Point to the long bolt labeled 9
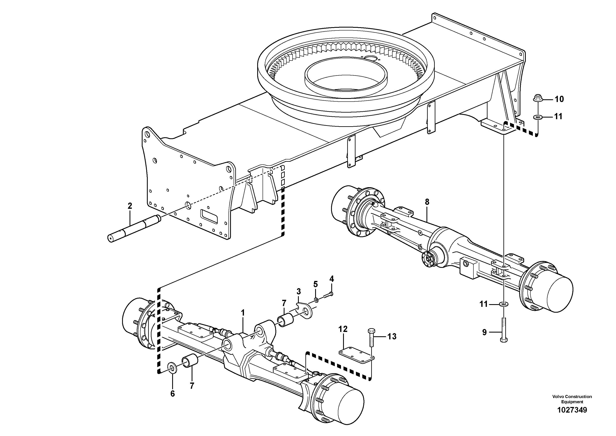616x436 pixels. [x=504, y=329]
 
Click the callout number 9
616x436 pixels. [x=484, y=333]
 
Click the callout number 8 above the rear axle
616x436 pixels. [x=427, y=202]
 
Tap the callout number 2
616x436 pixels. [x=130, y=206]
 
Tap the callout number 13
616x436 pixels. [x=392, y=336]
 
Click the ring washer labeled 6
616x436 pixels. [x=172, y=367]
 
